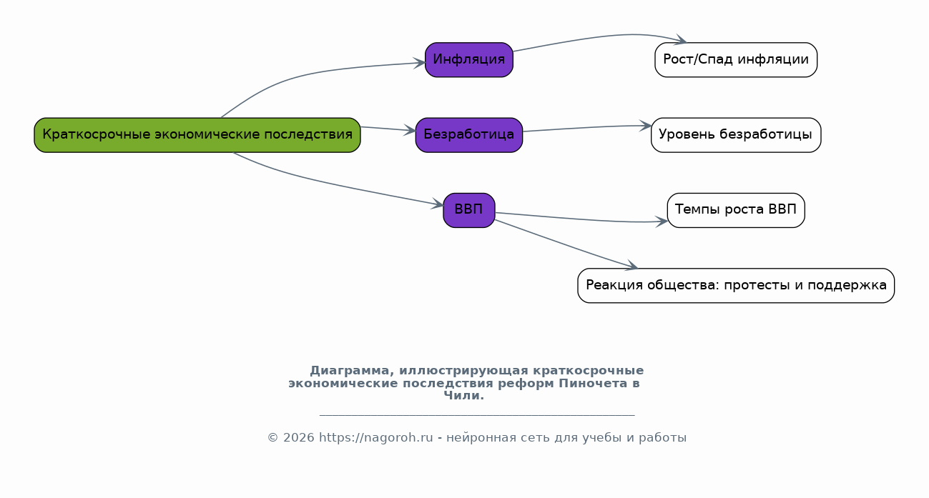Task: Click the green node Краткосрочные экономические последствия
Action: tap(197, 135)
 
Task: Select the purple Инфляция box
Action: tap(469, 60)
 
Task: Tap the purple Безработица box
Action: tap(469, 135)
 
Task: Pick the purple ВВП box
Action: tap(469, 211)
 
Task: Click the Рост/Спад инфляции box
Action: tap(736, 60)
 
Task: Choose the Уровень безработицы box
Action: tap(736, 135)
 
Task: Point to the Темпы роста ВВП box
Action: tap(736, 211)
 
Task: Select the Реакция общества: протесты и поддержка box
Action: tap(736, 286)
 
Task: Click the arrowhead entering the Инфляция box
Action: tap(420, 64)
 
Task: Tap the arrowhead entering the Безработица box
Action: tap(411, 131)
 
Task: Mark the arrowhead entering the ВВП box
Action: tap(438, 204)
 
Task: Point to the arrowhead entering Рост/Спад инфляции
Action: tap(681, 39)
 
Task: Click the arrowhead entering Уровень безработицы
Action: tap(646, 126)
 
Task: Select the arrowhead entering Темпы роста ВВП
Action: tap(662, 221)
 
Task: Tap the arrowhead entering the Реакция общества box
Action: tap(631, 266)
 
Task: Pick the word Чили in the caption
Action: tap(462, 396)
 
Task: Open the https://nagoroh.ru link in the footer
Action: tap(375, 438)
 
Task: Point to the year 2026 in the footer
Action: tap(299, 438)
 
